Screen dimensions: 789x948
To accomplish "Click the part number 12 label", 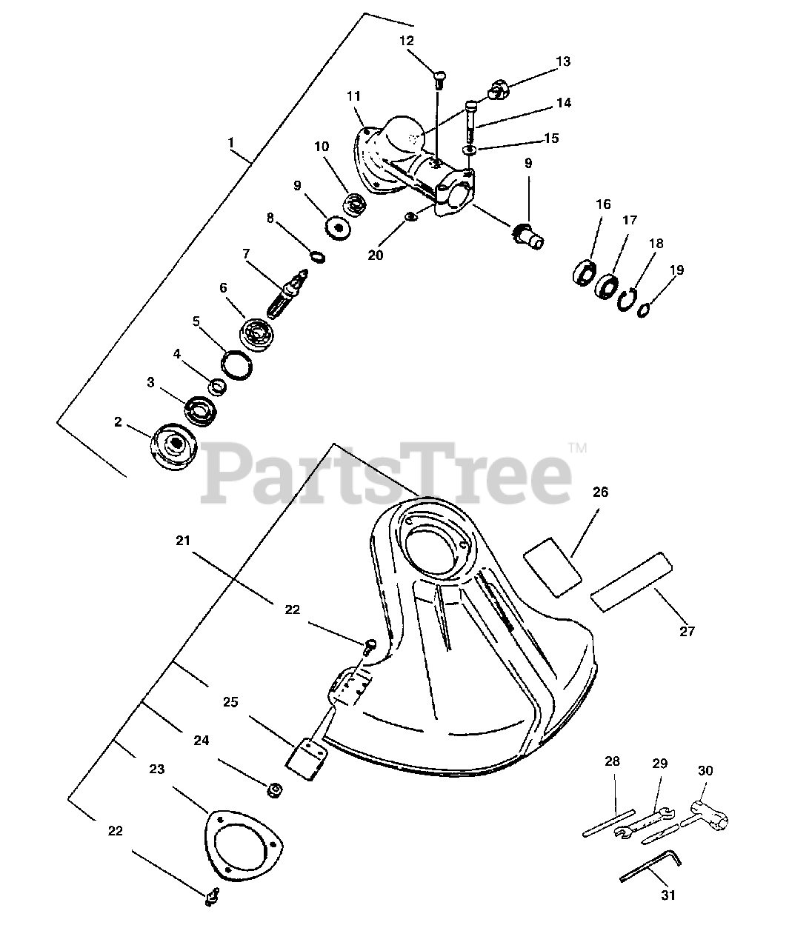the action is [407, 41].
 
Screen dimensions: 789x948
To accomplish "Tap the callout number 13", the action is [563, 61].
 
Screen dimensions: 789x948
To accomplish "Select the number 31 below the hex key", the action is [668, 895].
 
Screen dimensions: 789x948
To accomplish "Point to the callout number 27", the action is [687, 631].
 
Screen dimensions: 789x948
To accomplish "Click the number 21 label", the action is [183, 541].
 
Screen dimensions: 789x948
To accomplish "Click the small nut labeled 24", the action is [273, 790].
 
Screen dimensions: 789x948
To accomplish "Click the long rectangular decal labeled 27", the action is [631, 581].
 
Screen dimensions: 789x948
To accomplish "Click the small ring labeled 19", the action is [645, 308].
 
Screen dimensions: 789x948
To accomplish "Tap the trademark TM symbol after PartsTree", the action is [577, 447].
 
